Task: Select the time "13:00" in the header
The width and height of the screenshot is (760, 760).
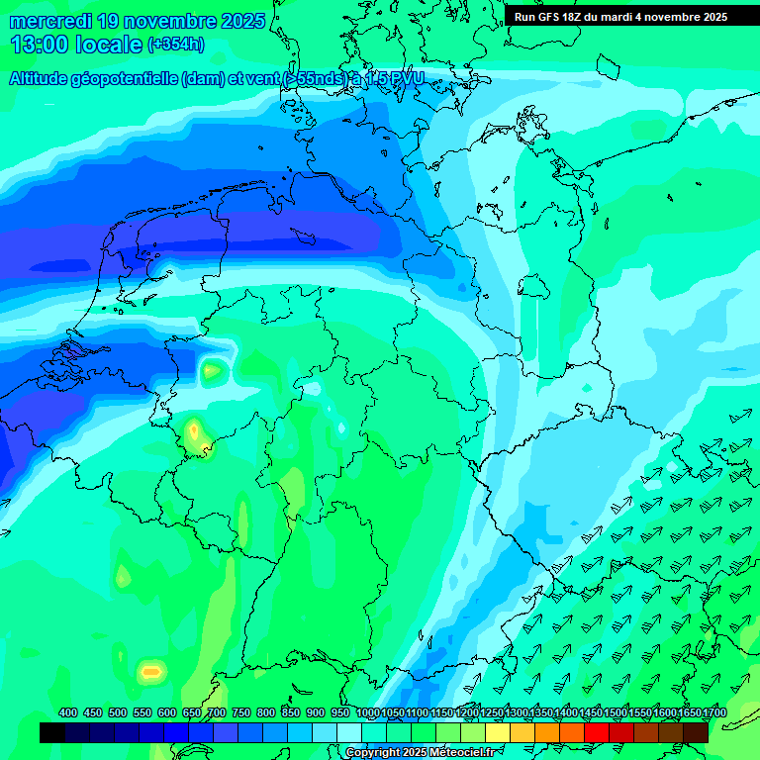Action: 40,45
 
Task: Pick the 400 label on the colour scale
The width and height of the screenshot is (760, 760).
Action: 68,713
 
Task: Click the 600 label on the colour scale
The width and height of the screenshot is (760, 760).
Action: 166,713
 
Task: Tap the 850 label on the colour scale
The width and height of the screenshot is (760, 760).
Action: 290,713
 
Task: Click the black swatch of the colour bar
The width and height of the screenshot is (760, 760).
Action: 52,732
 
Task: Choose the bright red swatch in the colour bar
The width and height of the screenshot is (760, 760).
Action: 596,732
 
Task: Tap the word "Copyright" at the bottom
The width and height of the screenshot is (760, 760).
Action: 373,753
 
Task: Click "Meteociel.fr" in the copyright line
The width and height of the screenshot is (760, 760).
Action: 456,753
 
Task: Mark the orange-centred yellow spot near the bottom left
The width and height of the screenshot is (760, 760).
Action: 150,671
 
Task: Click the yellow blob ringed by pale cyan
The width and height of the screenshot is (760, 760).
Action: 212,371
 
